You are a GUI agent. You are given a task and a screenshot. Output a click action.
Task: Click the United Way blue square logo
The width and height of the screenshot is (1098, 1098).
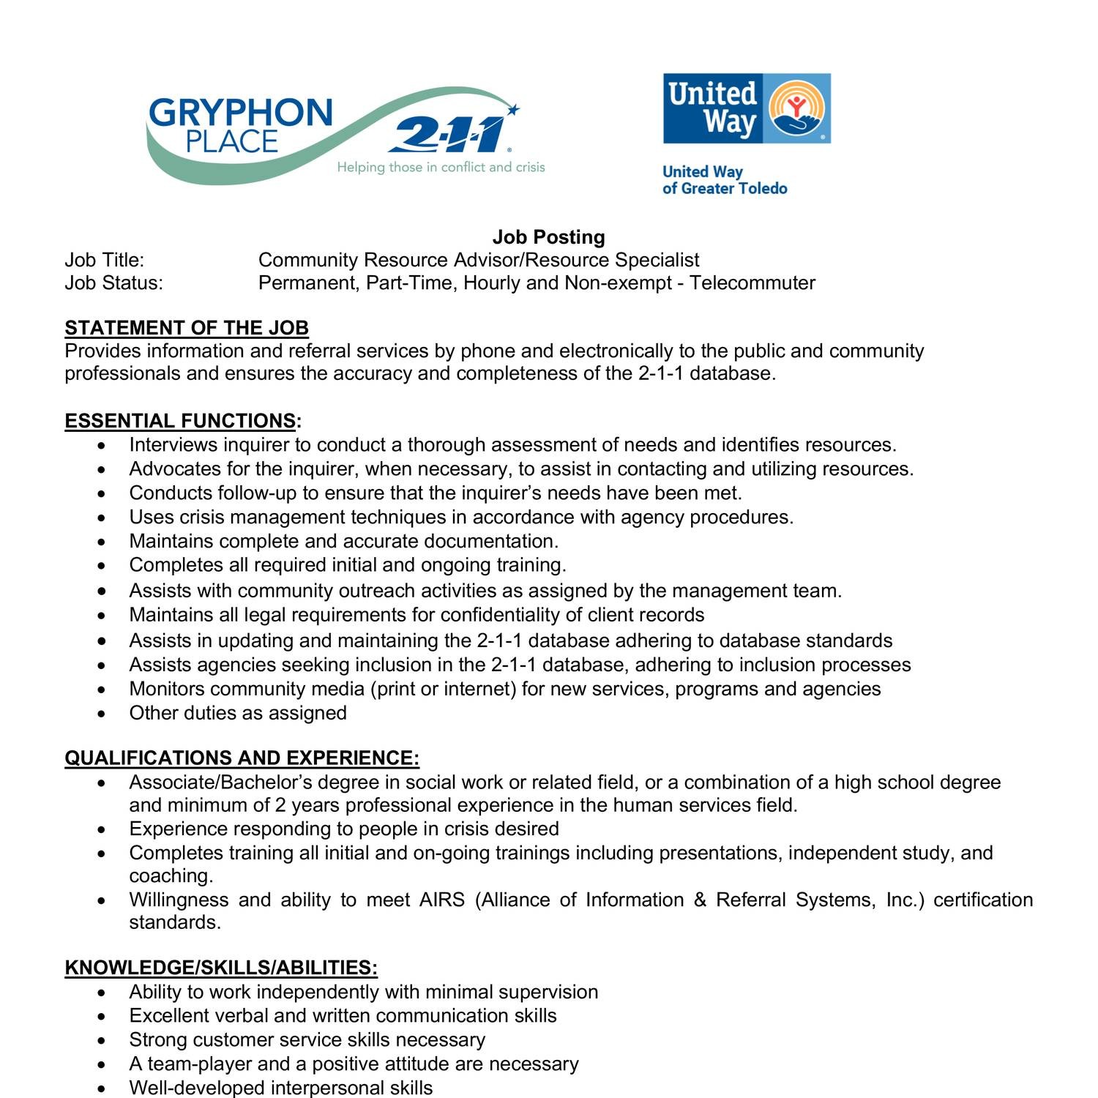click(746, 108)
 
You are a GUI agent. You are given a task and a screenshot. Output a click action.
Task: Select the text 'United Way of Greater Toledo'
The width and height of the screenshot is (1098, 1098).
click(724, 180)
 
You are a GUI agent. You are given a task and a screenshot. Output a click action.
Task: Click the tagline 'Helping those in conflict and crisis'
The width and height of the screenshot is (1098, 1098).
click(441, 168)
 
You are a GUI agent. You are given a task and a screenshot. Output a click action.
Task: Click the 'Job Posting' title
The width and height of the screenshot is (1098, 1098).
click(548, 237)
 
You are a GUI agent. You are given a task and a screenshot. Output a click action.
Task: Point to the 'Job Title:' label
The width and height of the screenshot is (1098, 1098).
click(105, 260)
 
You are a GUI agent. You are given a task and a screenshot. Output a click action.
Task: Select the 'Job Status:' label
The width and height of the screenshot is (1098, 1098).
click(113, 283)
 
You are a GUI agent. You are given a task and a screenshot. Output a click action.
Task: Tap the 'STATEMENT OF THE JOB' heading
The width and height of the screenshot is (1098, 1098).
click(187, 327)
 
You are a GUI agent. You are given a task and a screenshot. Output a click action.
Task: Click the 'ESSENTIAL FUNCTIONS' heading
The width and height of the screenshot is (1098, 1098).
click(180, 421)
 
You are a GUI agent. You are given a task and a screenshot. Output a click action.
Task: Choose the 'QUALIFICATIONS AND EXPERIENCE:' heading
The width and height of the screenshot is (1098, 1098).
click(242, 758)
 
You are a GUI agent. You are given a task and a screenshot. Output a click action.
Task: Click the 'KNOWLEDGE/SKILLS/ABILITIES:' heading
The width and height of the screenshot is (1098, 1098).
click(221, 968)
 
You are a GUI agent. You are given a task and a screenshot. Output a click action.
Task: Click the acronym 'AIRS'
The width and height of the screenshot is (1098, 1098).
click(441, 900)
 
